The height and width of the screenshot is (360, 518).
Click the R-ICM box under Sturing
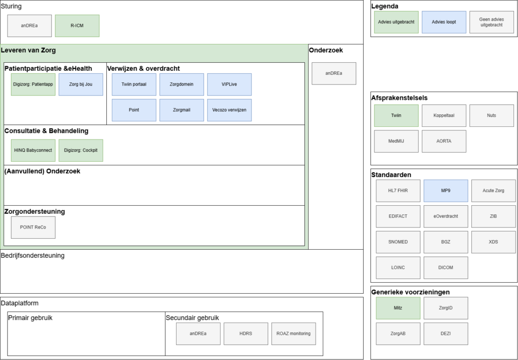point(77,26)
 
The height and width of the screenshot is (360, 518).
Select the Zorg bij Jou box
point(81,84)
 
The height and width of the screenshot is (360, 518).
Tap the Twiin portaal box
point(134,84)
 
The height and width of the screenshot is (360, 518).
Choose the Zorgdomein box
point(182,84)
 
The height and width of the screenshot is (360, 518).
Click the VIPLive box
point(230,84)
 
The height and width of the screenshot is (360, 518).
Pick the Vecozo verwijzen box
point(230,110)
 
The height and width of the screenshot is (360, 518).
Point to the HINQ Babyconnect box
point(33,151)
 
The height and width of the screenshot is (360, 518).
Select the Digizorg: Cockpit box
point(81,151)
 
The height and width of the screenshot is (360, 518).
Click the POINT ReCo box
point(33,228)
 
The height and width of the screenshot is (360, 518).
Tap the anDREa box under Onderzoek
point(334,74)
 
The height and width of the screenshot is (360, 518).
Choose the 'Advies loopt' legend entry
point(444,22)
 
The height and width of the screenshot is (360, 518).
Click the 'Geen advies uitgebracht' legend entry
point(492,22)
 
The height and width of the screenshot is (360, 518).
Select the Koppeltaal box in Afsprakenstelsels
point(444,116)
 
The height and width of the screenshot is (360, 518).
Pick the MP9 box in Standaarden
point(446,191)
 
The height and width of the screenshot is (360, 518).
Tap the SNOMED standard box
point(398,242)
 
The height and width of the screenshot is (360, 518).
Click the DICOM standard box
point(446,268)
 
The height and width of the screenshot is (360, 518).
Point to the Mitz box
point(398,308)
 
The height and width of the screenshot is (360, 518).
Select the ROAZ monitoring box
point(294,334)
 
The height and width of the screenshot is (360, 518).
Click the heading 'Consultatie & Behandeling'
point(46,131)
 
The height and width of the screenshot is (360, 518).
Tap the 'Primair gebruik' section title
point(30,318)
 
